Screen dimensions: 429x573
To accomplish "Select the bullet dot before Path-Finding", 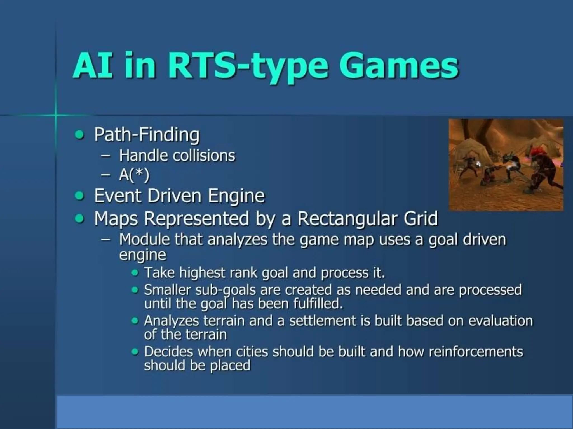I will click(x=80, y=135).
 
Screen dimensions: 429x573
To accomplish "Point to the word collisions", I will click(x=204, y=156).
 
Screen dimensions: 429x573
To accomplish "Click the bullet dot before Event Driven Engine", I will click(x=80, y=196).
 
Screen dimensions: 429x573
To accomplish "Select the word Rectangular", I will click(x=347, y=218).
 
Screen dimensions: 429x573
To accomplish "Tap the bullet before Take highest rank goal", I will click(x=135, y=273).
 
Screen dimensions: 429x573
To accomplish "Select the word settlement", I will click(x=322, y=321).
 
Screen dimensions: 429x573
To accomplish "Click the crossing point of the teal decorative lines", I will click(x=55, y=115).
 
